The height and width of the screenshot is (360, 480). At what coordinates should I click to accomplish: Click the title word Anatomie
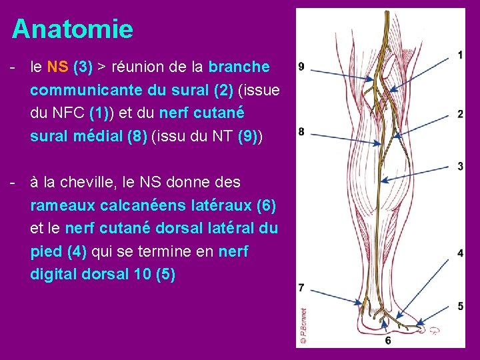[72, 29]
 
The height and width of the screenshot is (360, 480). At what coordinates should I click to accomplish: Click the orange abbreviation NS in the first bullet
[55, 67]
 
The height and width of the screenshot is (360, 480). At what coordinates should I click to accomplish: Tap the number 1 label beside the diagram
[461, 55]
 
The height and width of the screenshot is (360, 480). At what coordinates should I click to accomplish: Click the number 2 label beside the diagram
[461, 115]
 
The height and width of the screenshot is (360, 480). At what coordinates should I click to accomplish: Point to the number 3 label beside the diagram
[461, 165]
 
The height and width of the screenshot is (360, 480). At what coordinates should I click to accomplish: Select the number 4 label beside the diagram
[461, 253]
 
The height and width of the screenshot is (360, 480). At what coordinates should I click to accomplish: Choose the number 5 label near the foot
[461, 306]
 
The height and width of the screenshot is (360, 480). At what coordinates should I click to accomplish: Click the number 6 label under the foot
[388, 341]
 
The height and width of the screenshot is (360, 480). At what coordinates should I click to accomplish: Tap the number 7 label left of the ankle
[301, 288]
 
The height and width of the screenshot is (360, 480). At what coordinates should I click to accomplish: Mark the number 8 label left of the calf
[301, 131]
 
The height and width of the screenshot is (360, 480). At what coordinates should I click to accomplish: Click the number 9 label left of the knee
[301, 67]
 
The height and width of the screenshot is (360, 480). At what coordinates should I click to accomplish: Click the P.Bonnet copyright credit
[303, 325]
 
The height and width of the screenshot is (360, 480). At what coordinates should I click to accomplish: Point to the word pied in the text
[45, 251]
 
